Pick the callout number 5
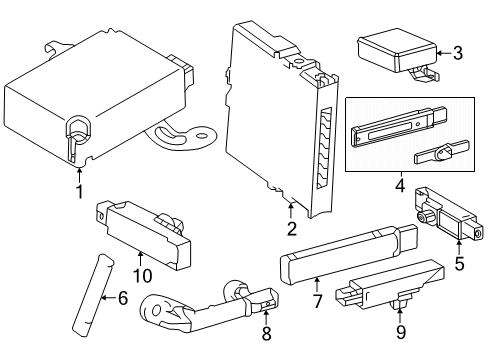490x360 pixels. pos(460,266)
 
